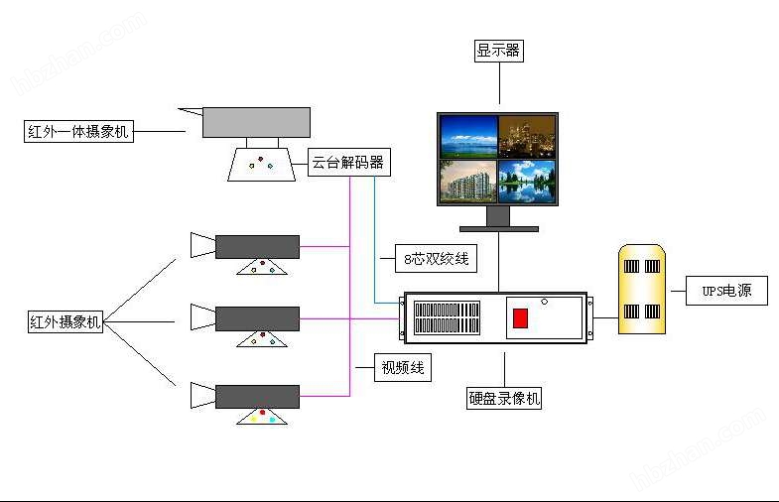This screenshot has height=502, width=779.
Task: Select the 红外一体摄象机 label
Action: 78,131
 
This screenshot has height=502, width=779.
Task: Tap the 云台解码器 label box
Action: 347,163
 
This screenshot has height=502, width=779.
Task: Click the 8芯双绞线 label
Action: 435,259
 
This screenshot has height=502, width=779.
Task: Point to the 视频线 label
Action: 403,368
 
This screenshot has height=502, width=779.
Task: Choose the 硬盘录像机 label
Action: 505,399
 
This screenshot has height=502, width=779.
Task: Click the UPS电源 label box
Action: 726,292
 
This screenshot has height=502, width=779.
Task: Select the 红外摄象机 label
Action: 65,321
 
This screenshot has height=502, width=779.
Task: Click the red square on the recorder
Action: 520,318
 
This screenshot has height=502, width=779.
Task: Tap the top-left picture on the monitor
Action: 468,136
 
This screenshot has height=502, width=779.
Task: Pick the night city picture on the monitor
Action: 527,136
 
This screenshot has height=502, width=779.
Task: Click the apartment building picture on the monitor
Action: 468,182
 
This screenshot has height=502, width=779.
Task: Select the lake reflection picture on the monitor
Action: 527,182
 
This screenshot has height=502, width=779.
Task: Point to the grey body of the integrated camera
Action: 256,122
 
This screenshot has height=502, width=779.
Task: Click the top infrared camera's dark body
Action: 257,247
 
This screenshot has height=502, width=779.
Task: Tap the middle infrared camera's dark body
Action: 257,318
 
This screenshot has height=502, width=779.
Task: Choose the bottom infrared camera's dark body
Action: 257,396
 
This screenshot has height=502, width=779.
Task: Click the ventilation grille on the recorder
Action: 447,318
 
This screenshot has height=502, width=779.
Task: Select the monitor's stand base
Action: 498,228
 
